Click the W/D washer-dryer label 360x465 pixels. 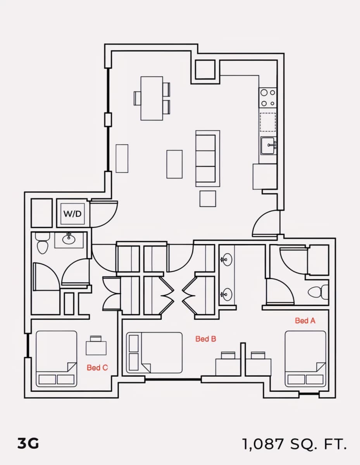coord(72,214)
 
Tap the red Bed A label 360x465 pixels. coord(305,320)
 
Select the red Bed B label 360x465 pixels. coord(206,339)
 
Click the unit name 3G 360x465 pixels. coord(28,443)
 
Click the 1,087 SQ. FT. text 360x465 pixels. coord(295,444)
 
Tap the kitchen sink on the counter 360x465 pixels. coord(268,146)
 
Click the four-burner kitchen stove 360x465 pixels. coord(268,98)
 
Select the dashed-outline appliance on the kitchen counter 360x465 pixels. coord(268,122)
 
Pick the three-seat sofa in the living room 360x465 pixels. coord(208,158)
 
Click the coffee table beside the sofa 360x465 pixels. coord(174,164)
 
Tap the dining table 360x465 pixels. coord(152,98)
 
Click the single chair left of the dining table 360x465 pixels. coord(137,98)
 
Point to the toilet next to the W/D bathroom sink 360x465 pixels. coord(42,243)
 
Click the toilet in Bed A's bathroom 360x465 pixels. coord(318,292)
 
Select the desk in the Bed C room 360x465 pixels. coord(96,348)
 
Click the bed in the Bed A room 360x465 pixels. coord(305,359)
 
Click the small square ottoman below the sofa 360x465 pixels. coord(208,199)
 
